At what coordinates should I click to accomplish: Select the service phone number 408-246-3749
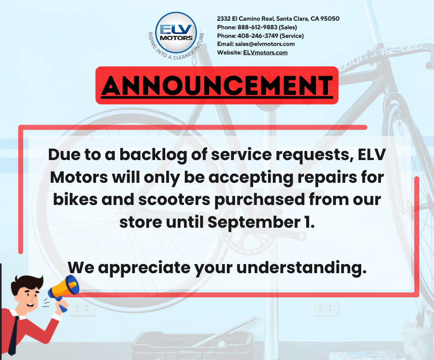258,36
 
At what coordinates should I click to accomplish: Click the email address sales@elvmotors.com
265,44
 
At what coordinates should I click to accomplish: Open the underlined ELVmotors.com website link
265,53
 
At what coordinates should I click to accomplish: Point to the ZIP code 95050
330,19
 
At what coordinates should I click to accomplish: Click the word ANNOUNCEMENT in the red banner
217,85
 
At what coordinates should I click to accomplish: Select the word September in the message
254,222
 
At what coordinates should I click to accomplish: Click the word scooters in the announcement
174,199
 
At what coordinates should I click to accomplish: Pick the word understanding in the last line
302,268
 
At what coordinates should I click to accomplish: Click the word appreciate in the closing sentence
144,268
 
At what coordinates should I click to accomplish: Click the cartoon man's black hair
27,284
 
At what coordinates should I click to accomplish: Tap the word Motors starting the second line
79,177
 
